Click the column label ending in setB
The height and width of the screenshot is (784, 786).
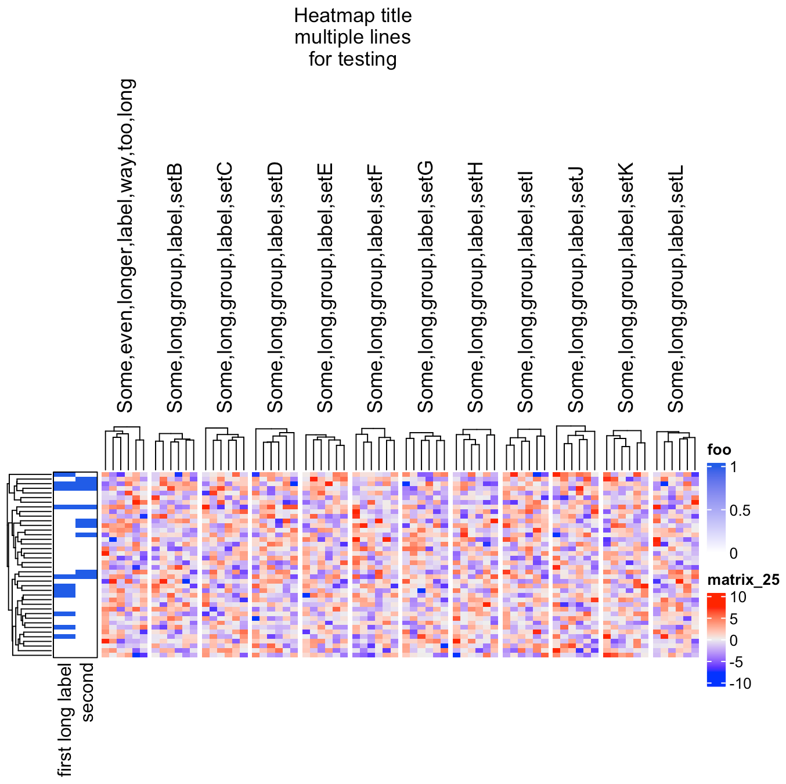[x=175, y=288]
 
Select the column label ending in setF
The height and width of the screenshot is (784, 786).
[x=375, y=288]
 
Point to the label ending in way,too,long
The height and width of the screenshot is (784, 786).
[x=125, y=246]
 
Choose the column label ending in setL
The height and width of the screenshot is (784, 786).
[x=676, y=288]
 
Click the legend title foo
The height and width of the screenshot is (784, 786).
[x=719, y=449]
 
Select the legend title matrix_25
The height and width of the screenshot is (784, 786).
[x=743, y=580]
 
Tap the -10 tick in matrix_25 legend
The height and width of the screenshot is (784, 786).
[x=740, y=684]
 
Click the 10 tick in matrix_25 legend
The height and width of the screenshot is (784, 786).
[x=738, y=597]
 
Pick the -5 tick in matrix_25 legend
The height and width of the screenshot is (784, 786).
[x=735, y=662]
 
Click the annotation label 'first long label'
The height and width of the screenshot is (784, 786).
[x=65, y=720]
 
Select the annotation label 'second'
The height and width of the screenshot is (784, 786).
[x=86, y=692]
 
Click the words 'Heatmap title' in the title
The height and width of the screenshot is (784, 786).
[x=353, y=15]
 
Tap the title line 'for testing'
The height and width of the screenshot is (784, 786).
[x=353, y=59]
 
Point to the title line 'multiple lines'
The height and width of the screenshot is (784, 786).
[x=353, y=37]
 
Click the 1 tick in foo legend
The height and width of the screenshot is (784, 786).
[x=733, y=467]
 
